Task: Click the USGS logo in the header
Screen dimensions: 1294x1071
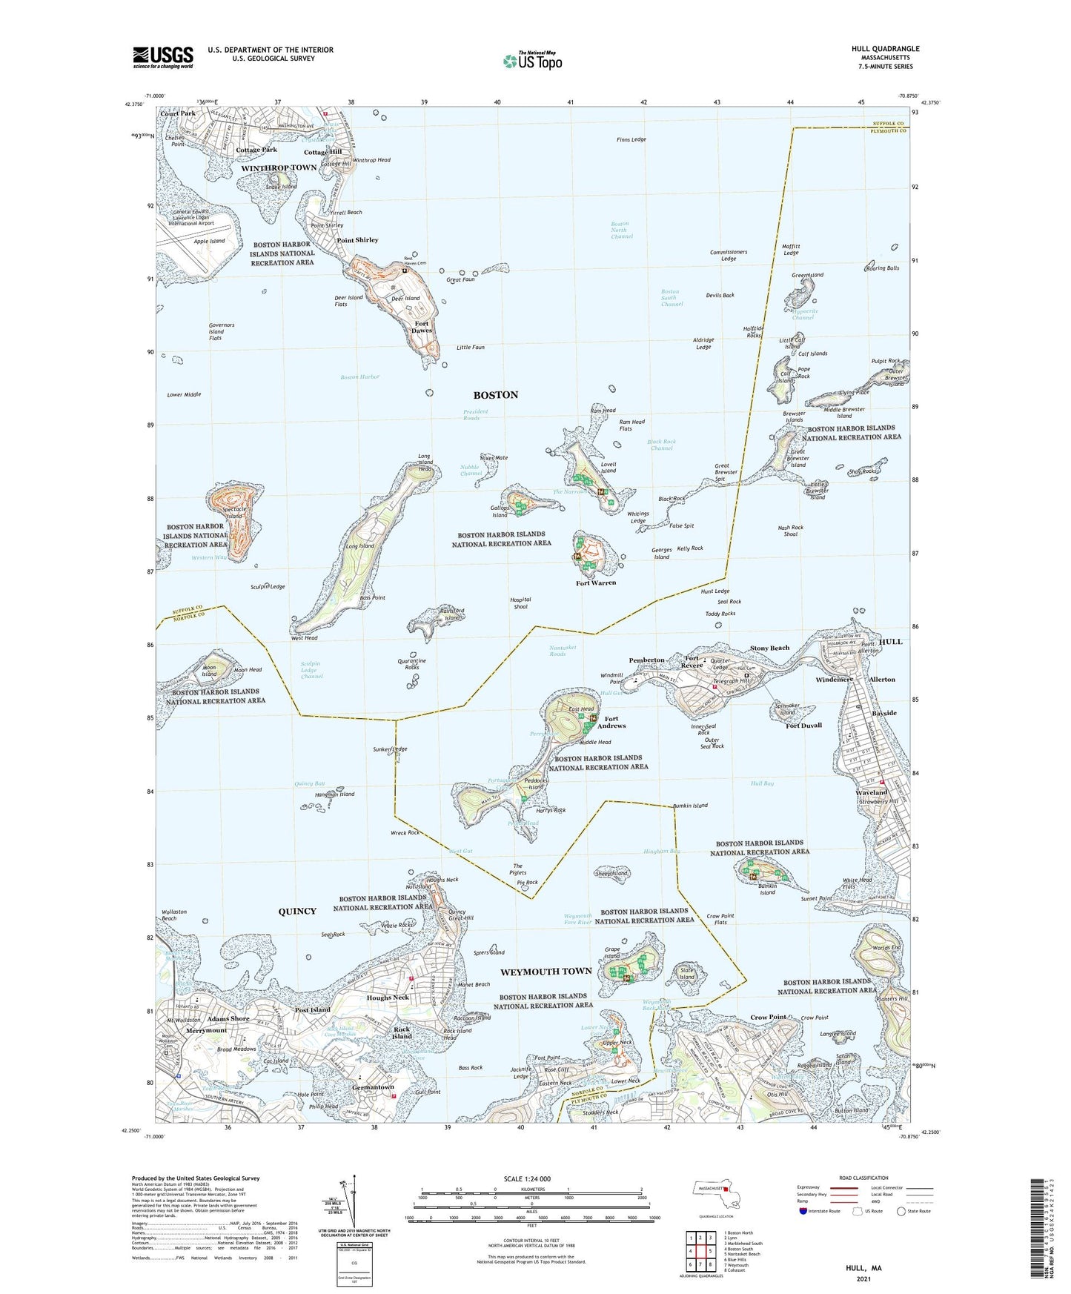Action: [163, 56]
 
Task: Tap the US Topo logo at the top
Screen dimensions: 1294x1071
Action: [531, 61]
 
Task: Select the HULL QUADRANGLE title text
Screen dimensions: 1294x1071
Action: [885, 49]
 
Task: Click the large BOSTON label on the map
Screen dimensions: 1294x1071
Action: [496, 395]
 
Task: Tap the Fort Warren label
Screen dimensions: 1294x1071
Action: [596, 583]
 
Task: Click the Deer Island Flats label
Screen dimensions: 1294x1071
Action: [348, 301]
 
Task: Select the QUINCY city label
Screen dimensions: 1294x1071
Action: [297, 912]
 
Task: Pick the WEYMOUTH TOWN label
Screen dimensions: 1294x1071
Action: [546, 971]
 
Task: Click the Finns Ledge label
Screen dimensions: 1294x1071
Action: [631, 139]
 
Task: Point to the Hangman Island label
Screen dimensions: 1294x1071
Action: [336, 794]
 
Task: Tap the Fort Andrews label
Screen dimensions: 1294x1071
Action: [611, 722]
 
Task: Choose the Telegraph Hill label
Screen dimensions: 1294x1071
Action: [731, 680]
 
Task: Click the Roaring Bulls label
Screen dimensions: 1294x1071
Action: [882, 268]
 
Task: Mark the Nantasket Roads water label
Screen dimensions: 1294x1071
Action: [568, 651]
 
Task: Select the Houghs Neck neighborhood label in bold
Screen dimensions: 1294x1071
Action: [388, 998]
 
